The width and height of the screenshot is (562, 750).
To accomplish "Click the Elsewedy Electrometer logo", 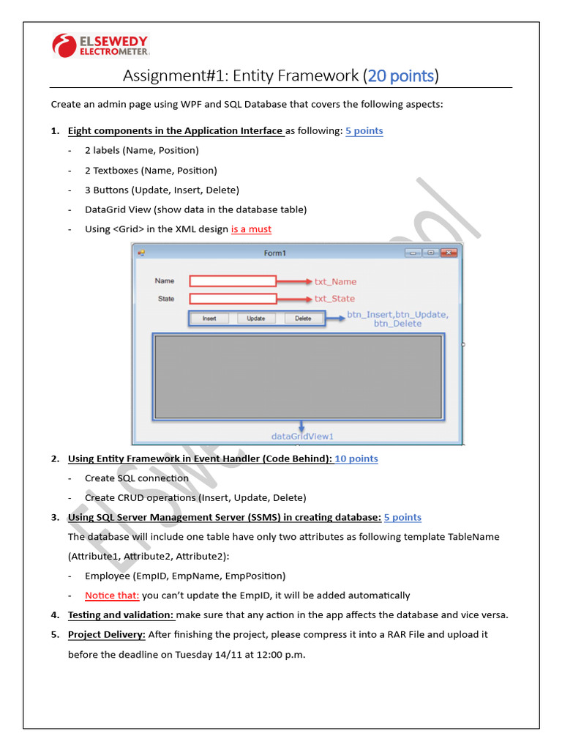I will [x=101, y=45].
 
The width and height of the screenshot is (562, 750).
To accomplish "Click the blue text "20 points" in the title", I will [x=401, y=75].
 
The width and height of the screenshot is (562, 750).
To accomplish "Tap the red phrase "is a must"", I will [x=251, y=229].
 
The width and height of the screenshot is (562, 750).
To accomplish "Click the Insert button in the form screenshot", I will [x=209, y=319].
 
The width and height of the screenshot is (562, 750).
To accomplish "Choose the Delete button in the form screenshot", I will [x=303, y=319].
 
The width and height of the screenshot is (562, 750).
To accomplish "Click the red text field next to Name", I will [x=233, y=281].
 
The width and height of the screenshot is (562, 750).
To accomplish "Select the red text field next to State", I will [x=233, y=299].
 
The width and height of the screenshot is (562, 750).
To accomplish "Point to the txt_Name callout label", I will [x=335, y=281].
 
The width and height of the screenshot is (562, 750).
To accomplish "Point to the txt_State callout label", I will [x=334, y=299].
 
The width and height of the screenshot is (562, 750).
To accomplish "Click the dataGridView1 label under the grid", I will [x=302, y=437].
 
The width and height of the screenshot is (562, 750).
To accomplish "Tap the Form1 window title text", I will [x=275, y=253].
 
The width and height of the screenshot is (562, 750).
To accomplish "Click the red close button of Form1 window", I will [x=449, y=253].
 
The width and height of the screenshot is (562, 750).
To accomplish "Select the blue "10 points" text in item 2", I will [x=356, y=459].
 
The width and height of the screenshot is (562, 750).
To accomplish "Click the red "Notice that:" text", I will [x=112, y=595].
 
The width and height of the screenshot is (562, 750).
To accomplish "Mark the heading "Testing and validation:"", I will [x=121, y=615].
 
